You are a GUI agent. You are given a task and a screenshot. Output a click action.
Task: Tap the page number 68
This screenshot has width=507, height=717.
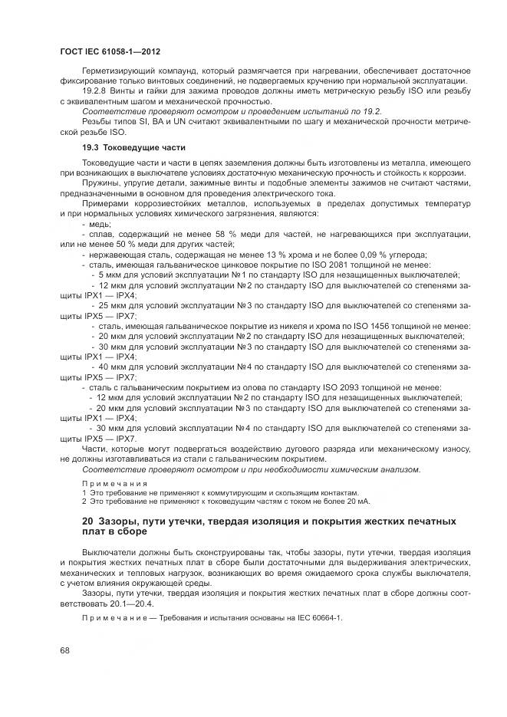tap(65, 652)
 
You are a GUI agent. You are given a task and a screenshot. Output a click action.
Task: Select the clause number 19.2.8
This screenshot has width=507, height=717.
tap(94, 92)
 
